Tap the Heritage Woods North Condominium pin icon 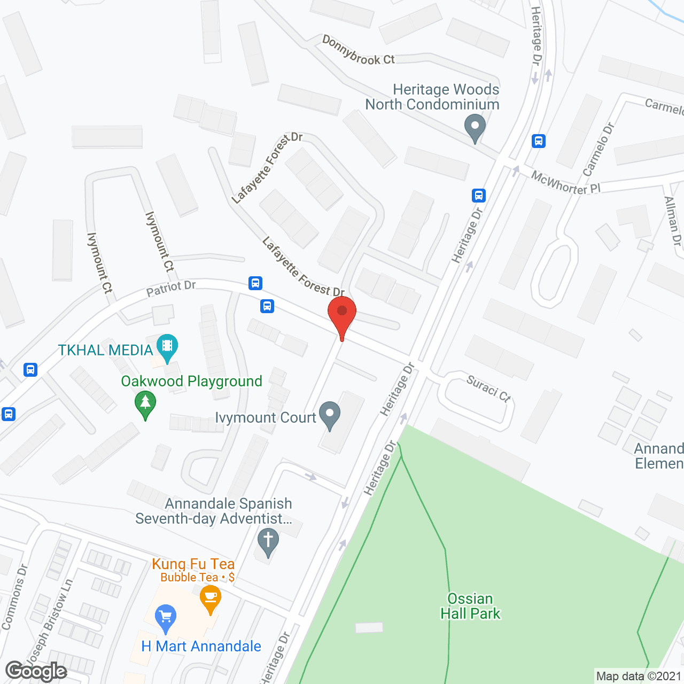[475, 128]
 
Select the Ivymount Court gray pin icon [330, 415]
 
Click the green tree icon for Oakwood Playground [145, 404]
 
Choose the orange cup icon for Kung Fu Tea [211, 598]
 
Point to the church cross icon [268, 541]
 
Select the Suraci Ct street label [488, 388]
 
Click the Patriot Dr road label [171, 288]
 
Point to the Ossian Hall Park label [470, 606]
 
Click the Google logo [36, 671]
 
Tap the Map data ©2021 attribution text [639, 676]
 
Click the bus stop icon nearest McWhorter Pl [539, 141]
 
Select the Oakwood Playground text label [191, 381]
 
